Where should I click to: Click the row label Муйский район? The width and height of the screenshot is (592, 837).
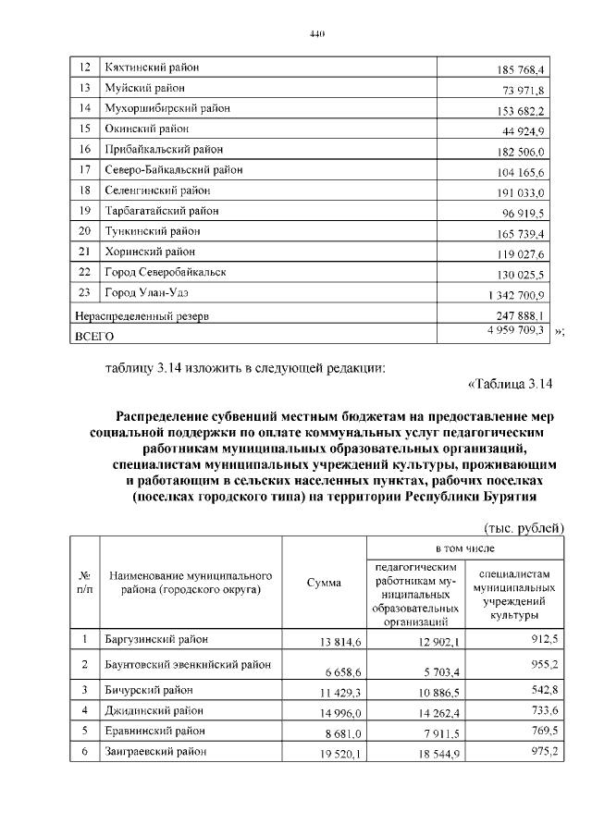[144, 88]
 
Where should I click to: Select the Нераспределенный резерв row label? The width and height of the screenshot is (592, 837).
[141, 316]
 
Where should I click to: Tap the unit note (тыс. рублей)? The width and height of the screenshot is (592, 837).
[523, 527]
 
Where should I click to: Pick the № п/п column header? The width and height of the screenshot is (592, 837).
[85, 582]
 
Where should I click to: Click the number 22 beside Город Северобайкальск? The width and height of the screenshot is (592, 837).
[85, 272]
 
